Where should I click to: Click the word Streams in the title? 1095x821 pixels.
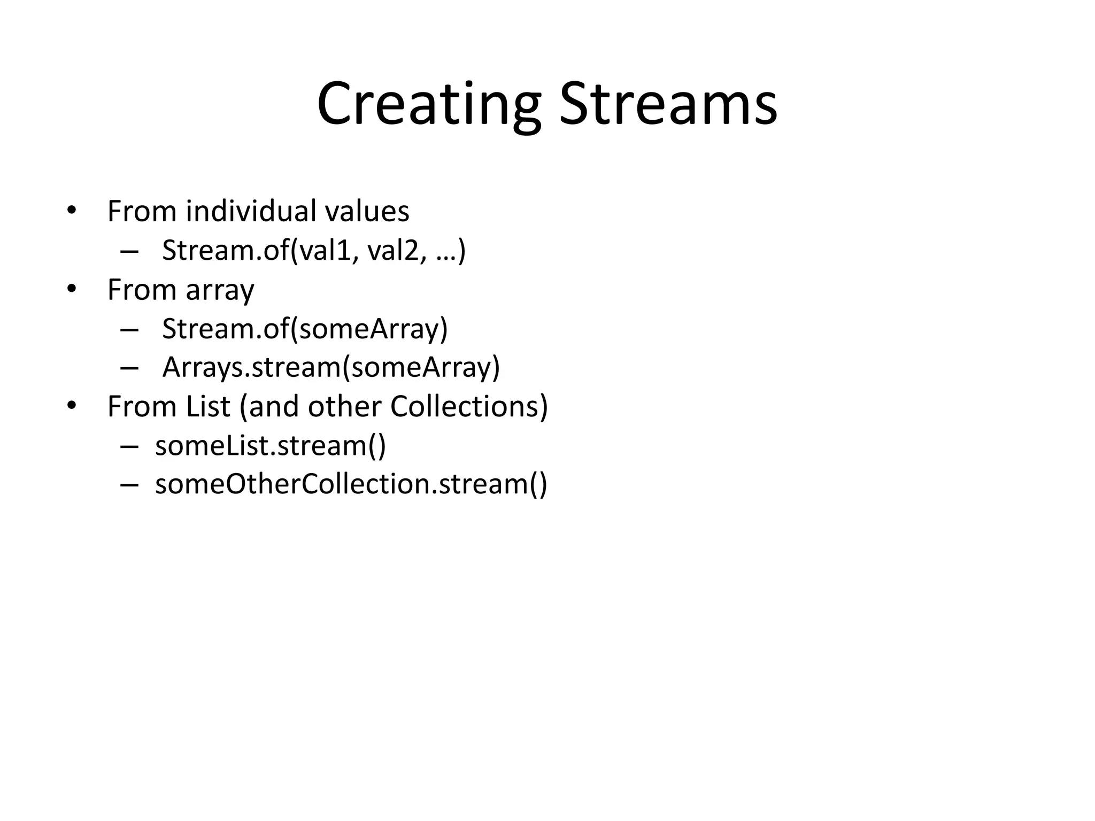[x=668, y=104]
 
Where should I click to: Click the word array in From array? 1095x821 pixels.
[x=220, y=291]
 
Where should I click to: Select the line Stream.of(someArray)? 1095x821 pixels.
[x=305, y=328]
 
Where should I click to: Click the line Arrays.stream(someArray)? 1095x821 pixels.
[x=331, y=367]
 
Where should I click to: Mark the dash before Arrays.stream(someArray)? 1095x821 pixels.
[x=129, y=368]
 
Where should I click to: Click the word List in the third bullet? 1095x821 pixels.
[x=201, y=406]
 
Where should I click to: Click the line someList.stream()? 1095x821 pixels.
[x=271, y=445]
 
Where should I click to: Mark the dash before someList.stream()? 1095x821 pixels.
[x=129, y=446]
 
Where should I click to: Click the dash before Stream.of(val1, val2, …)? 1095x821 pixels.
[x=129, y=251]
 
